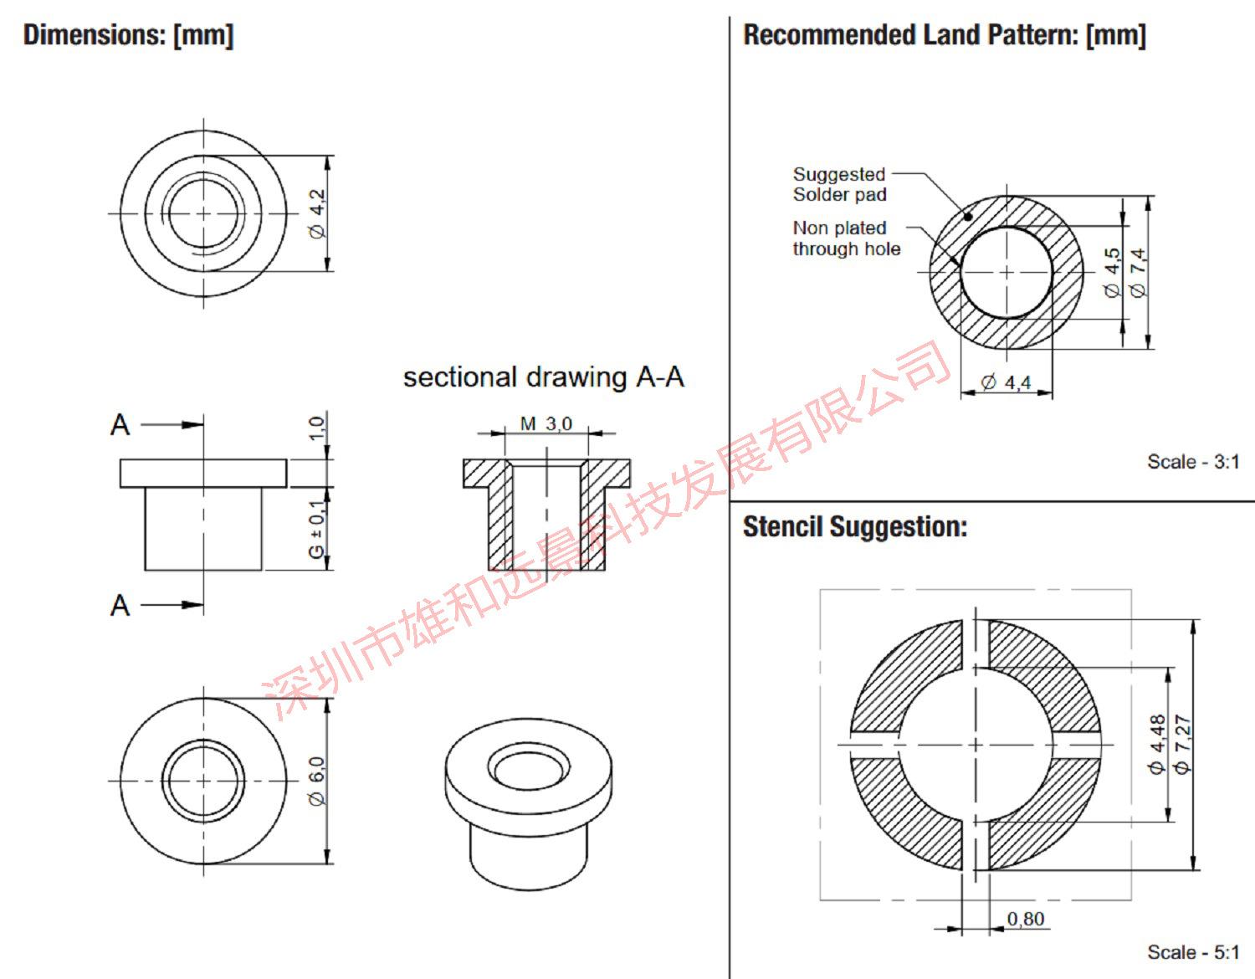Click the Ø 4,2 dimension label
[x=317, y=213]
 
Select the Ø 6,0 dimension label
[x=317, y=782]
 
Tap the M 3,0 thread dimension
[x=546, y=423]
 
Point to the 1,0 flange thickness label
[x=317, y=428]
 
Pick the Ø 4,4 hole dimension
[x=1006, y=382]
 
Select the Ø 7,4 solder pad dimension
[x=1138, y=273]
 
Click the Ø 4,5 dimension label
[x=1112, y=273]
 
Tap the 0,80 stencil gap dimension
[x=1026, y=919]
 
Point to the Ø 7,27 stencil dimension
[x=1182, y=745]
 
